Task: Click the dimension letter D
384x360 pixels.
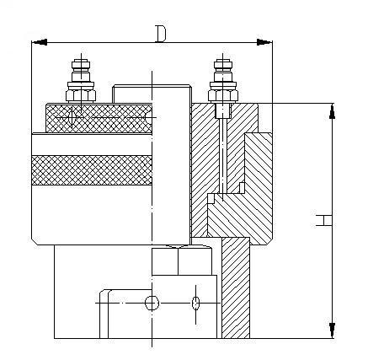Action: tap(161, 34)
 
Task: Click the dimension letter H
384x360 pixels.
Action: tap(323, 220)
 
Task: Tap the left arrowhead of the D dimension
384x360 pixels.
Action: tap(40, 42)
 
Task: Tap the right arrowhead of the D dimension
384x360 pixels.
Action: tap(264, 42)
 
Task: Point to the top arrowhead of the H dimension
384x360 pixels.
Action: tap(332, 111)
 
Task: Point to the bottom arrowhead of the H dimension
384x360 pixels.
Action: tap(332, 330)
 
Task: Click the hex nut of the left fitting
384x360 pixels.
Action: tap(81, 95)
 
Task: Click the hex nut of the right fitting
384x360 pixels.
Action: tap(223, 95)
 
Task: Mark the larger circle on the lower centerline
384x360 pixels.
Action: tap(152, 303)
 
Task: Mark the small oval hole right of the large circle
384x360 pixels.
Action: tap(195, 303)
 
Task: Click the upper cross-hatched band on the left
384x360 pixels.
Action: tap(99, 118)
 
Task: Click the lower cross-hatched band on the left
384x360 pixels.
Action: tap(92, 170)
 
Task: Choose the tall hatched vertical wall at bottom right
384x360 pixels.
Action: tap(236, 287)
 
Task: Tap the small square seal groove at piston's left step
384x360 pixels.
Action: tap(211, 199)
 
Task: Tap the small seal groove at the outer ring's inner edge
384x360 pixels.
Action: tap(242, 188)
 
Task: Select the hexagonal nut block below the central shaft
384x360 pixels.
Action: tap(182, 261)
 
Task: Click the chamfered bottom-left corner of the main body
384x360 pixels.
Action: tap(35, 242)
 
